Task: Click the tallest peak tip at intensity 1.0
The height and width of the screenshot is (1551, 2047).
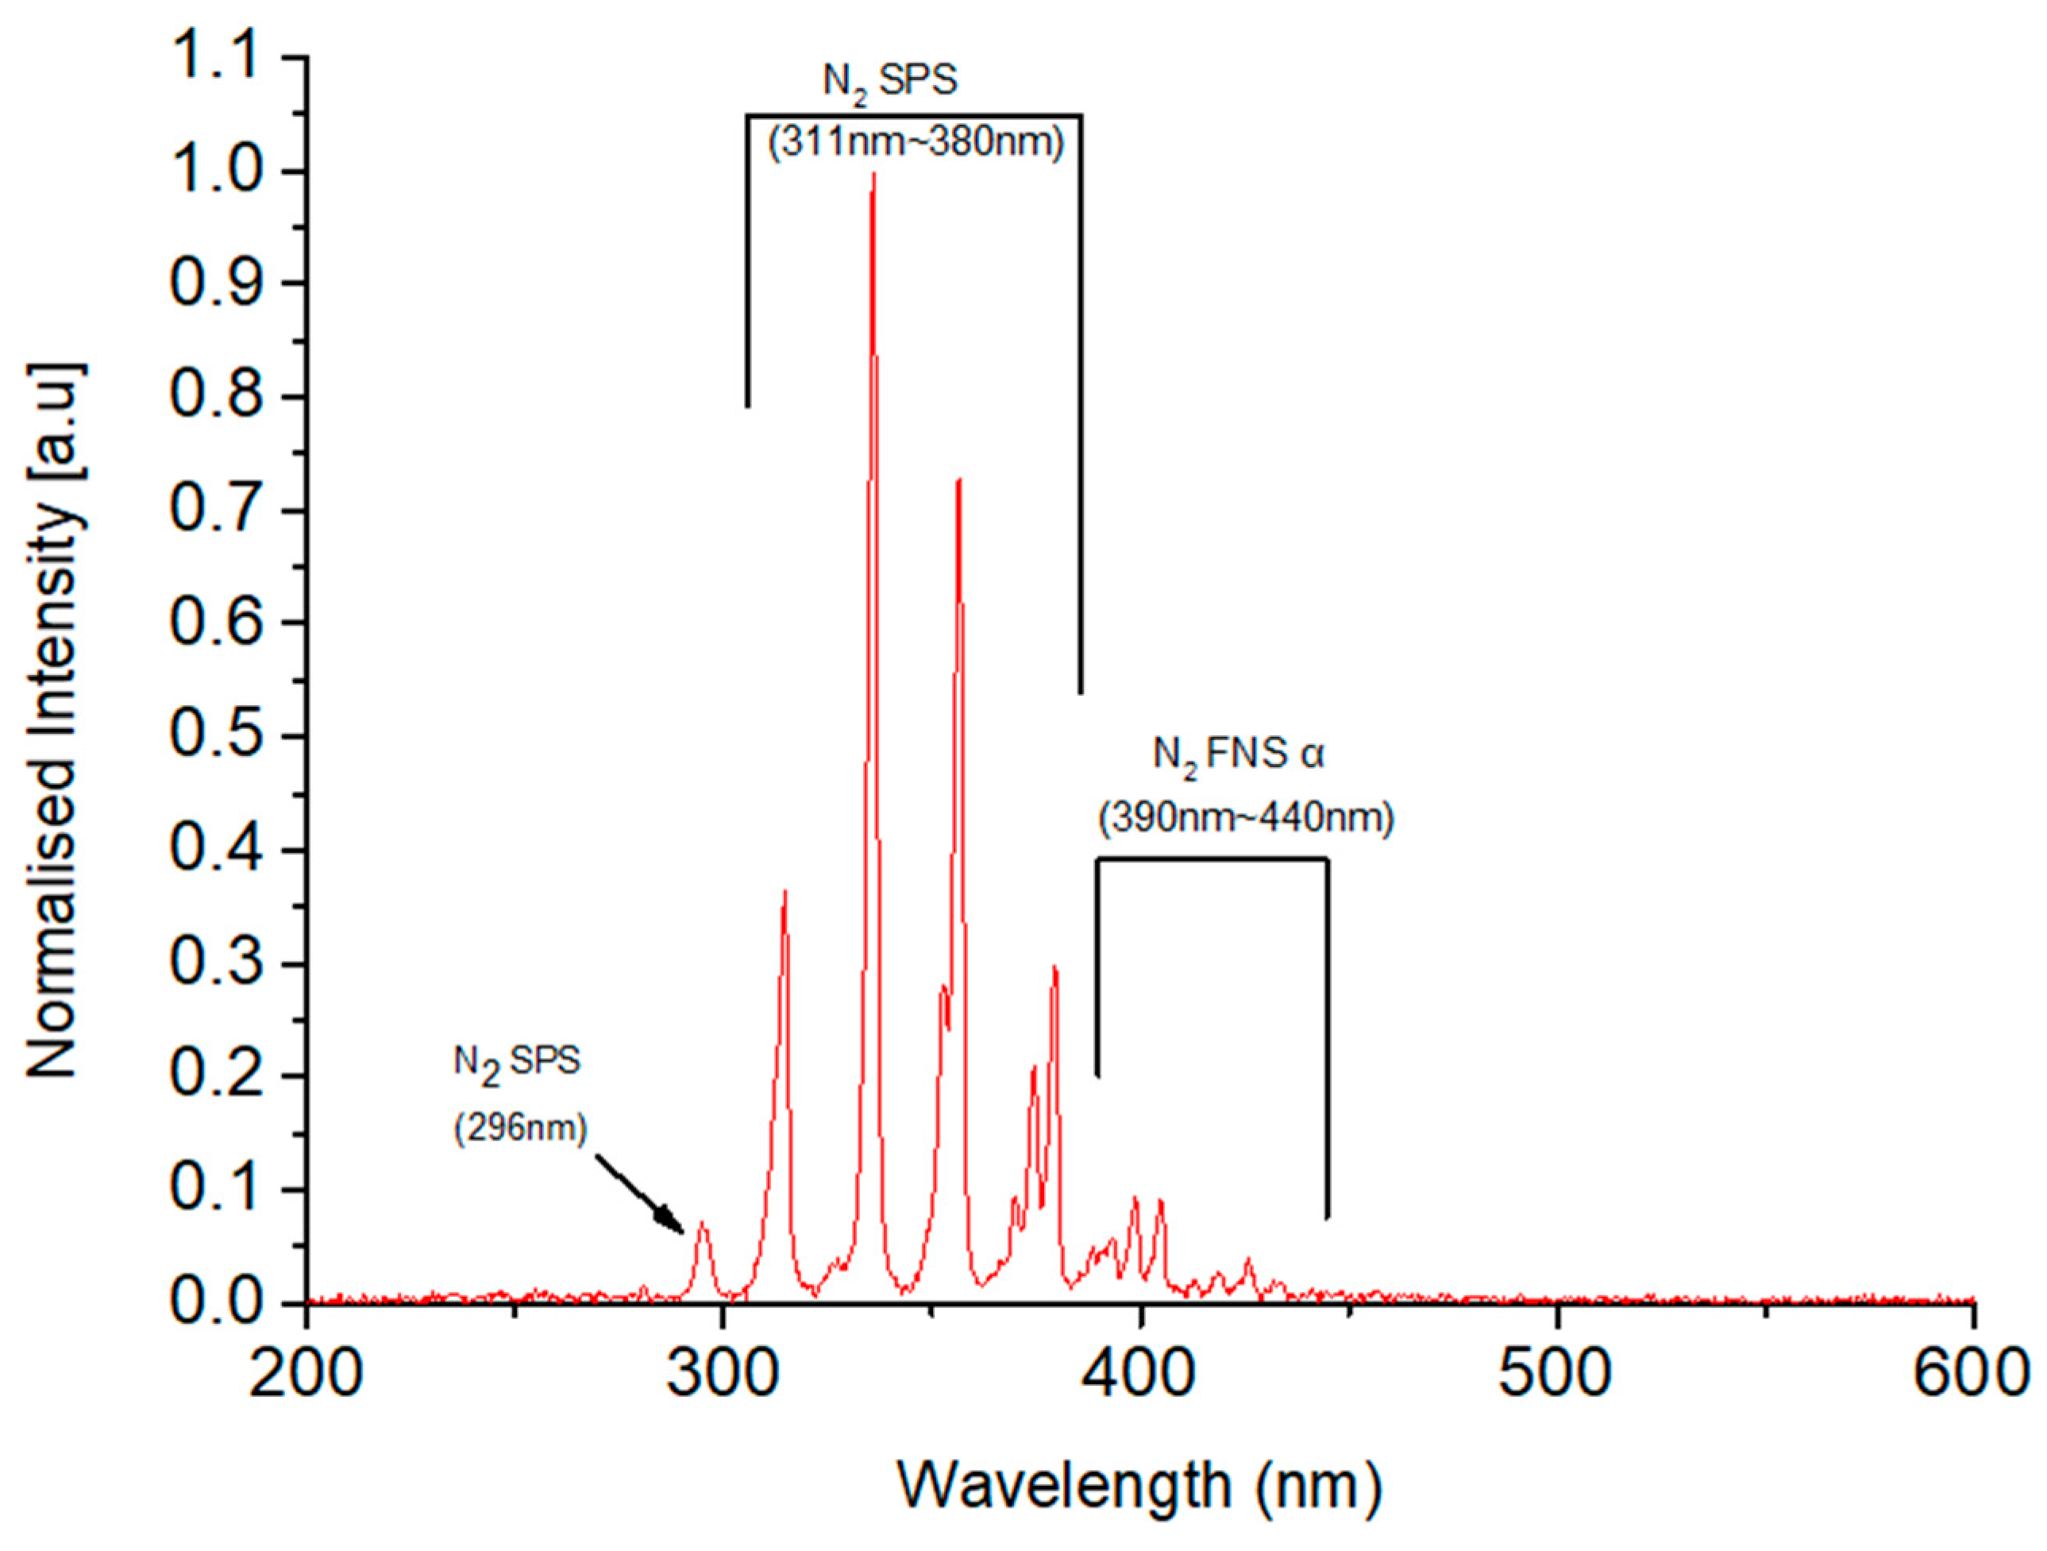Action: coord(873,176)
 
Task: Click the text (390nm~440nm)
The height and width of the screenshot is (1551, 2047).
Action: coord(1245,818)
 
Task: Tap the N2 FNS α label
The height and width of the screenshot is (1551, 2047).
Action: coord(1238,754)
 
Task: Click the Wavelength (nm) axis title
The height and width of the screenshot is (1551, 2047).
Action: coord(1139,1485)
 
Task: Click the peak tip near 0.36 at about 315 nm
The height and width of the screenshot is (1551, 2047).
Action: coord(784,892)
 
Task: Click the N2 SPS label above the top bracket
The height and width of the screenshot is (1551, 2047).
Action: coord(890,82)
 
